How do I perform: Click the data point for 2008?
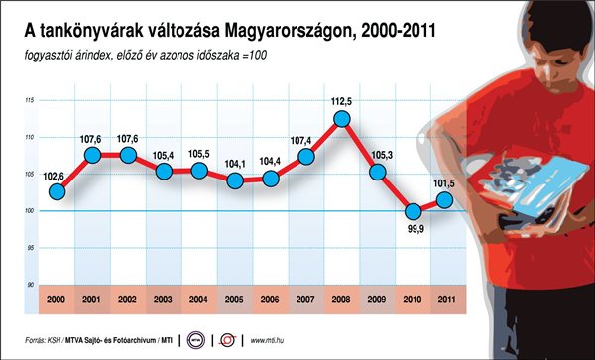point(341,119)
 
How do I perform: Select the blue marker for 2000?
point(57,192)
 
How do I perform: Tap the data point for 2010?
point(413,211)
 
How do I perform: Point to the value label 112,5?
point(342,102)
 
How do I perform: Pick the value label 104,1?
point(234,165)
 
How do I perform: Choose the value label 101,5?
point(443,183)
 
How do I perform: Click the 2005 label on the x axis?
point(234,300)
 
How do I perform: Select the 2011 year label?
point(447,300)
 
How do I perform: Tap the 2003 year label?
point(164,300)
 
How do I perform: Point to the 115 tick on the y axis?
point(30,100)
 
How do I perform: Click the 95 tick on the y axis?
point(31,248)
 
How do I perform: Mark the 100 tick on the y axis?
point(30,211)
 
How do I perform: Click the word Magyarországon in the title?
point(291,32)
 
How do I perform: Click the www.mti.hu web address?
point(267,340)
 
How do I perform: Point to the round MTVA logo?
point(195,340)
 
